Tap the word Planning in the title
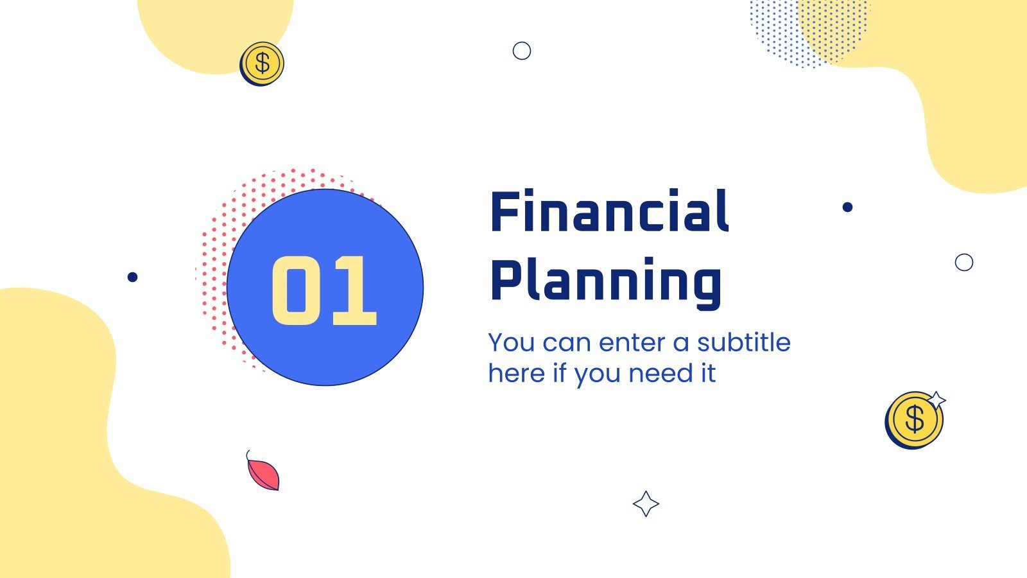pyautogui.click(x=606, y=281)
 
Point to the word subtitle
pyautogui.click(x=744, y=342)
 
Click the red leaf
pyautogui.click(x=264, y=474)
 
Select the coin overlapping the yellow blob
pyautogui.click(x=262, y=64)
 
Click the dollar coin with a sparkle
pyautogui.click(x=914, y=420)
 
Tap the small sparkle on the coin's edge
pyautogui.click(x=936, y=399)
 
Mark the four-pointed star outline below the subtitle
pyautogui.click(x=646, y=504)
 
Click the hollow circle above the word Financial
pyautogui.click(x=522, y=51)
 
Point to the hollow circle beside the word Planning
pyautogui.click(x=964, y=262)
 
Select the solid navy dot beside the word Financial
pyautogui.click(x=847, y=207)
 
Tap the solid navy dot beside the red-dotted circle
pyautogui.click(x=132, y=277)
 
